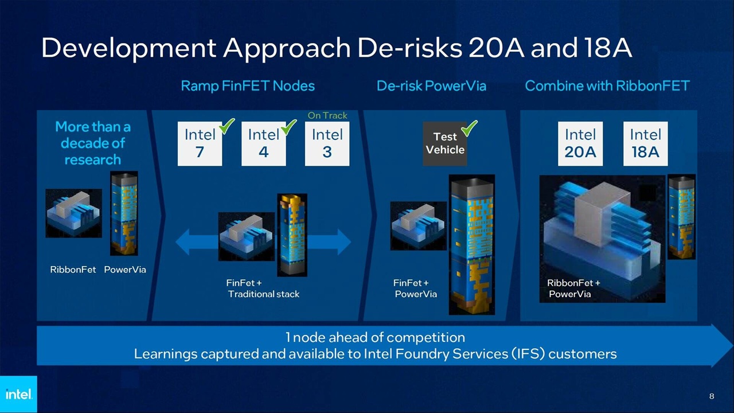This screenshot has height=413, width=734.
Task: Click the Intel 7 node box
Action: click(200, 143)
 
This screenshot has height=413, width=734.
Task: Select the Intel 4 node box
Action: click(263, 143)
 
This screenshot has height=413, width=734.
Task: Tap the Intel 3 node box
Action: click(327, 143)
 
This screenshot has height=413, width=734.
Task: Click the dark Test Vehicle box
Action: click(444, 143)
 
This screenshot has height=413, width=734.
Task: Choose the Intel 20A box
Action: click(580, 143)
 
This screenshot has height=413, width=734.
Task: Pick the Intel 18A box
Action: click(645, 143)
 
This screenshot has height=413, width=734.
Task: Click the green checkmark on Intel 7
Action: click(227, 126)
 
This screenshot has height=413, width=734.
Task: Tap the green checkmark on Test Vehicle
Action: click(470, 128)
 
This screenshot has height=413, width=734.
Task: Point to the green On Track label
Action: click(327, 115)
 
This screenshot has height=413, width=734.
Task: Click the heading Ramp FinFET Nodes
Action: click(248, 86)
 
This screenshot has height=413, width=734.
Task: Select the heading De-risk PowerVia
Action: click(431, 86)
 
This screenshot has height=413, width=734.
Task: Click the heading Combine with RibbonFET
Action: click(607, 86)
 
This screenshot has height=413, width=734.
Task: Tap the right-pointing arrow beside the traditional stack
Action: click(335, 242)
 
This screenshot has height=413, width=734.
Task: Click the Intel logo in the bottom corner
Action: click(18, 394)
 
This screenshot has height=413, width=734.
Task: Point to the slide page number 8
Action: click(712, 396)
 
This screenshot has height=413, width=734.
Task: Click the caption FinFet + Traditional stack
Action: click(263, 289)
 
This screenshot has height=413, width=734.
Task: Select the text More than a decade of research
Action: click(92, 143)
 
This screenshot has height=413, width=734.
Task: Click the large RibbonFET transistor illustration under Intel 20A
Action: click(602, 238)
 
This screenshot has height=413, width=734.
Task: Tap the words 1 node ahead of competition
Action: click(375, 337)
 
